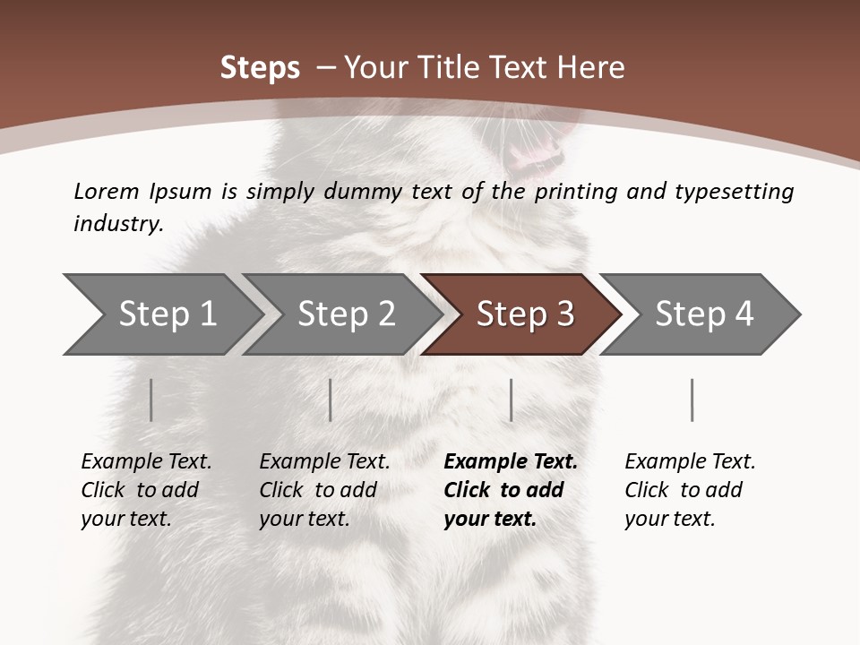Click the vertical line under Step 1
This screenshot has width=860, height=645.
click(x=151, y=400)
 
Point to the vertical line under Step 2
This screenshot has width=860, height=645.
click(x=331, y=400)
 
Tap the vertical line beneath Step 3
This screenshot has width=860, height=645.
click(x=511, y=400)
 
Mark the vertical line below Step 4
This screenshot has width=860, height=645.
click(x=692, y=400)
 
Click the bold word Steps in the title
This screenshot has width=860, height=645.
click(x=260, y=67)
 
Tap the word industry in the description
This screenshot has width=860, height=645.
click(x=118, y=223)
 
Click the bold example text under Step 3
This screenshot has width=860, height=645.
click(x=510, y=490)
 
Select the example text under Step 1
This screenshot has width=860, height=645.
click(x=146, y=490)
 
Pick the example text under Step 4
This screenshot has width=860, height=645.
click(x=690, y=490)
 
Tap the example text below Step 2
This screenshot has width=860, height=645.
click(x=324, y=490)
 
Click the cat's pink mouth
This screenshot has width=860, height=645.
click(x=537, y=157)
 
